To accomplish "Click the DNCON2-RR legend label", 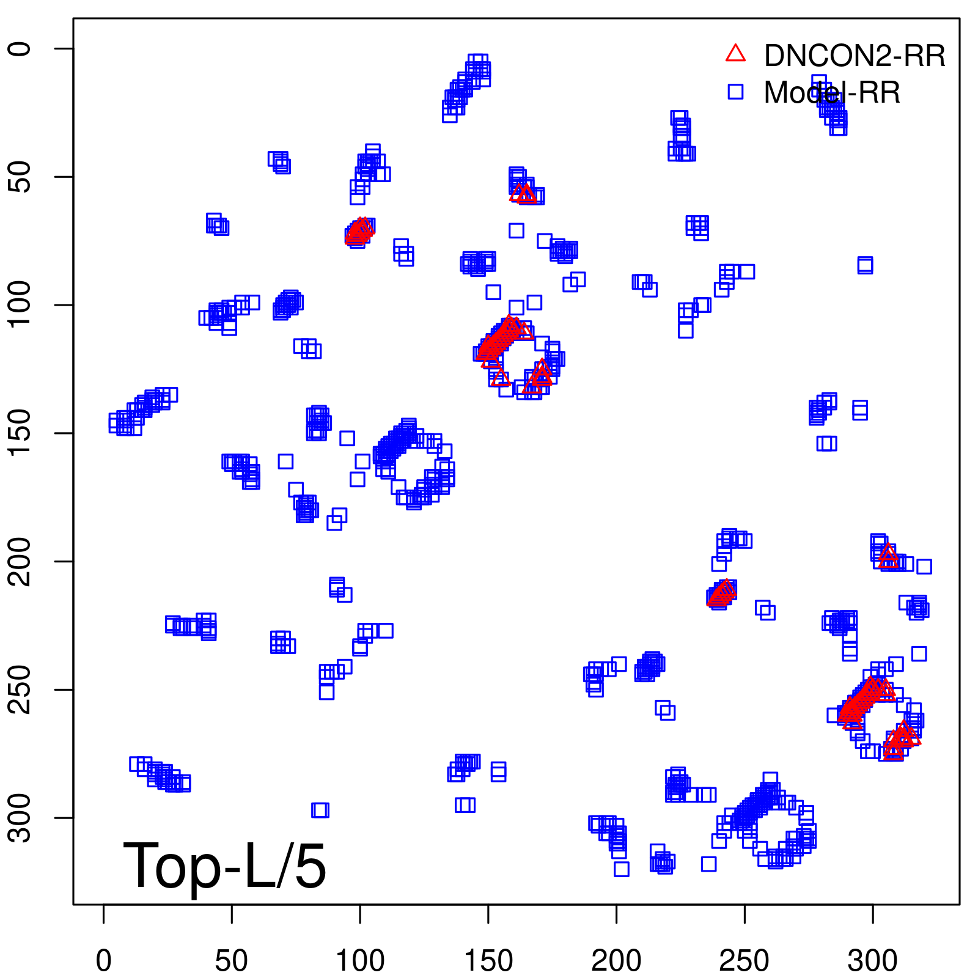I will pyautogui.click(x=854, y=56).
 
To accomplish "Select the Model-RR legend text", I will pyautogui.click(x=831, y=93).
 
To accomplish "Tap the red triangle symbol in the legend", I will pyautogui.click(x=735, y=54).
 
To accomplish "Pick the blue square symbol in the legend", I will pyautogui.click(x=735, y=92).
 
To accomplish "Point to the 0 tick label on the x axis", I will pyautogui.click(x=104, y=960).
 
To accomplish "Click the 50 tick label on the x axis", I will pyautogui.click(x=232, y=960).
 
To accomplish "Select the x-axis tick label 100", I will pyautogui.click(x=360, y=960).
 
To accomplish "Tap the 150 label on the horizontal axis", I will pyautogui.click(x=488, y=960).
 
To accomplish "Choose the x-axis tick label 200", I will pyautogui.click(x=616, y=960).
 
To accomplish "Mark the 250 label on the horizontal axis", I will pyautogui.click(x=745, y=960).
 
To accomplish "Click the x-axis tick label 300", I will pyautogui.click(x=872, y=960).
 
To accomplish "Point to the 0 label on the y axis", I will pyautogui.click(x=21, y=49).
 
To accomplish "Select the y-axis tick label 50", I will pyautogui.click(x=21, y=177).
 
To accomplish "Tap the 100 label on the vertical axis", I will pyautogui.click(x=21, y=305).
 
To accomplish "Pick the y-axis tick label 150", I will pyautogui.click(x=21, y=433).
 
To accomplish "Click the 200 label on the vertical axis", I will pyautogui.click(x=21, y=561).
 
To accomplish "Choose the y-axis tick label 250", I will pyautogui.click(x=21, y=689).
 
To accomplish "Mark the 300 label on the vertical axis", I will pyautogui.click(x=21, y=817).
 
